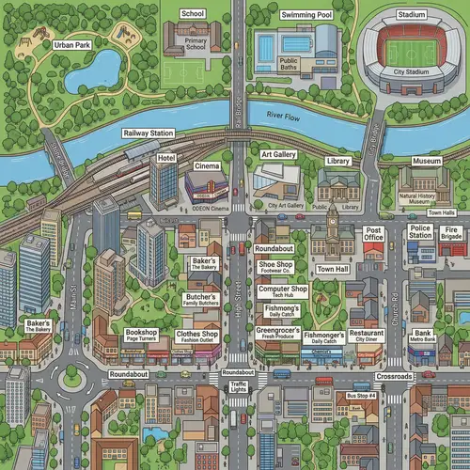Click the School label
click(x=193, y=14)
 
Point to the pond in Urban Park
click(x=104, y=67)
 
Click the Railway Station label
click(x=149, y=133)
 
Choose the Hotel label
click(x=166, y=158)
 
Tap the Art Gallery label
click(x=278, y=152)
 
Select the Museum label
click(x=427, y=161)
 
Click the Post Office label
click(x=373, y=234)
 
